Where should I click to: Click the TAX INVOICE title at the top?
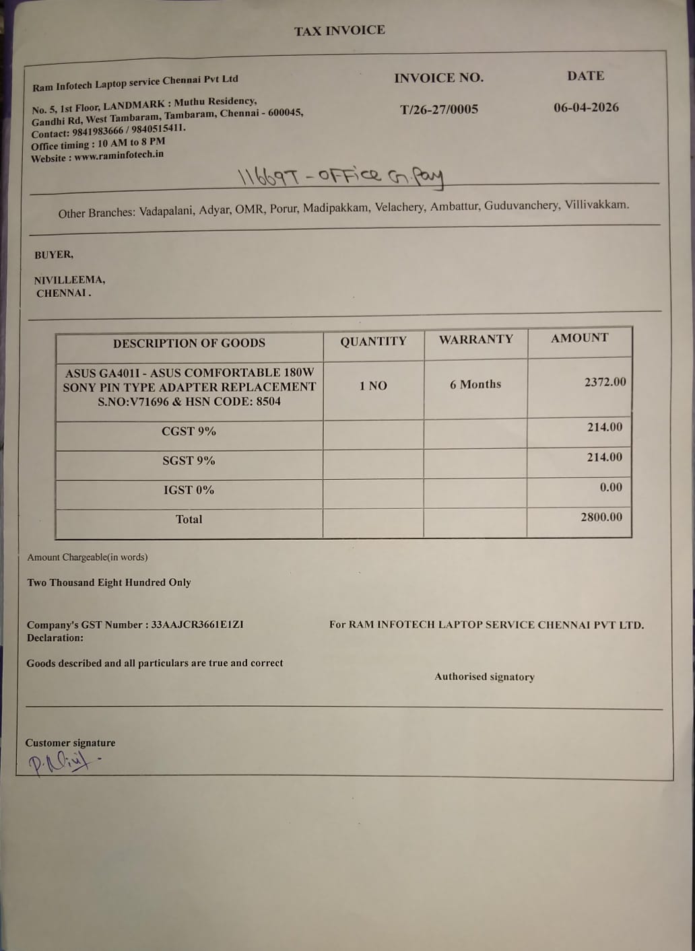[x=339, y=30]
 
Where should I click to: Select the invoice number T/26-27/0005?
[x=439, y=109]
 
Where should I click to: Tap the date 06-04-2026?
[x=586, y=107]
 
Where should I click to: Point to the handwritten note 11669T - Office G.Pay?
[x=340, y=177]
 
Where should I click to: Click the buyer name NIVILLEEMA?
[x=69, y=280]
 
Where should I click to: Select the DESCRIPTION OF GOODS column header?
[x=189, y=343]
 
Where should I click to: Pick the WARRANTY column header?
[x=476, y=339]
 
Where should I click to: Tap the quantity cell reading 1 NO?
[x=373, y=386]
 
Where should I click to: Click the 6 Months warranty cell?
[x=475, y=384]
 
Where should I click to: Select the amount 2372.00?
[x=605, y=382]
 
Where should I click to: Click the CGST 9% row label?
[x=189, y=431]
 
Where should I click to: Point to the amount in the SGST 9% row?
[x=604, y=457]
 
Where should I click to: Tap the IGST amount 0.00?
[x=611, y=487]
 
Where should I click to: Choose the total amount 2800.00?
[x=601, y=517]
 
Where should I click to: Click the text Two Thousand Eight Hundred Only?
[x=109, y=582]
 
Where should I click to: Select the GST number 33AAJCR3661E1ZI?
[x=197, y=625]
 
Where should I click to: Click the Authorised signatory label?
[x=484, y=676]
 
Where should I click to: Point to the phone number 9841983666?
[x=98, y=131]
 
